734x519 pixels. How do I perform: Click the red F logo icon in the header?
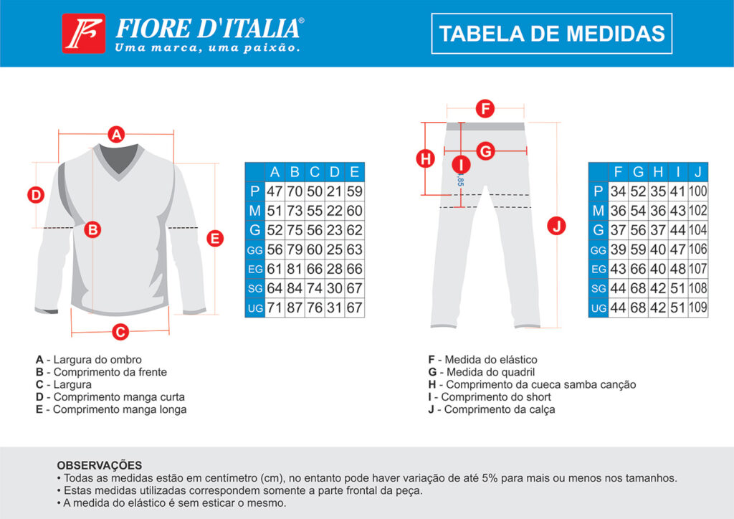pyautogui.click(x=83, y=34)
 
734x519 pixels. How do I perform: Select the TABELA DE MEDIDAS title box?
pyautogui.click(x=551, y=34)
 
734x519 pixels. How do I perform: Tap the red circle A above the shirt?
pyautogui.click(x=116, y=133)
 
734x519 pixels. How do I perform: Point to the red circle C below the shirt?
pyautogui.click(x=121, y=331)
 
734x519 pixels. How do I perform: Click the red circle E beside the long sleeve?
pyautogui.click(x=214, y=239)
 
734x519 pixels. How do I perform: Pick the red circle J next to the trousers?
pyautogui.click(x=556, y=226)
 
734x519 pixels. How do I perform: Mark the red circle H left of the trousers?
pyautogui.click(x=426, y=158)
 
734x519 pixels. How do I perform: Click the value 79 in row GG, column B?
pyautogui.click(x=295, y=250)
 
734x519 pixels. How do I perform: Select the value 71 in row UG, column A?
pyautogui.click(x=275, y=308)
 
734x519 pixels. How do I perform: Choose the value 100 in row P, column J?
pyautogui.click(x=698, y=191)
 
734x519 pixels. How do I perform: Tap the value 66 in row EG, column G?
pyautogui.click(x=638, y=270)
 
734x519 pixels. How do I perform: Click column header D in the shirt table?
pyautogui.click(x=335, y=172)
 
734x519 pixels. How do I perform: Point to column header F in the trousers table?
pyautogui.click(x=618, y=172)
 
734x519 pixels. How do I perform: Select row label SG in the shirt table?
pyautogui.click(x=254, y=289)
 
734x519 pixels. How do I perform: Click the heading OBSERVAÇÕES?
pyautogui.click(x=99, y=465)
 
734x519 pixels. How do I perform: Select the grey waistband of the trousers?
pyautogui.click(x=486, y=126)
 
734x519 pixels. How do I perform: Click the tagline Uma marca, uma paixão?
pyautogui.click(x=206, y=48)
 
